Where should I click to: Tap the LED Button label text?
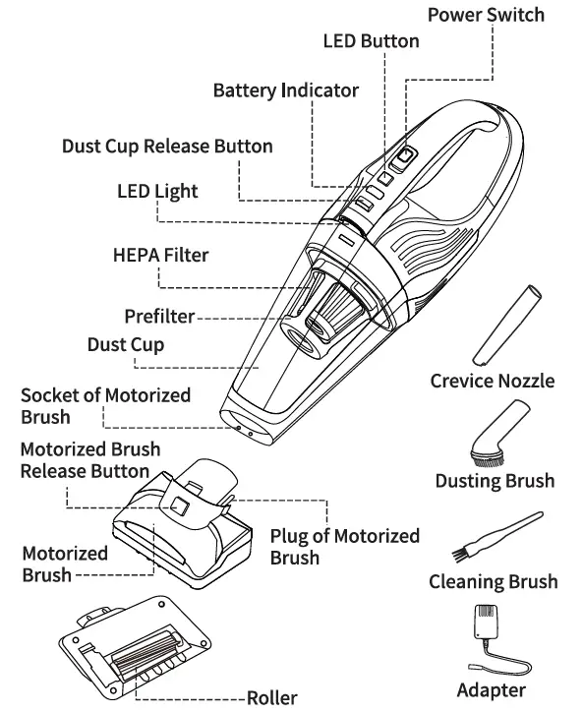click(371, 40)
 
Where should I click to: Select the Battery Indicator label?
click(285, 90)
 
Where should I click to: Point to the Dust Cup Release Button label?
click(167, 146)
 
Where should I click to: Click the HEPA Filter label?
click(160, 255)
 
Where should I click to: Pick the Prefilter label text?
click(158, 316)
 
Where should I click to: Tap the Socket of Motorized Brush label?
click(105, 405)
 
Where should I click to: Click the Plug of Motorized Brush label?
click(344, 547)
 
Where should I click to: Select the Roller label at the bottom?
click(271, 698)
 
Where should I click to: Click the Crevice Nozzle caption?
click(492, 381)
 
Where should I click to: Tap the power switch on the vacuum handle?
click(403, 154)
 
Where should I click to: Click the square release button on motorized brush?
click(179, 505)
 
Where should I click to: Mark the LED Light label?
click(157, 191)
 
